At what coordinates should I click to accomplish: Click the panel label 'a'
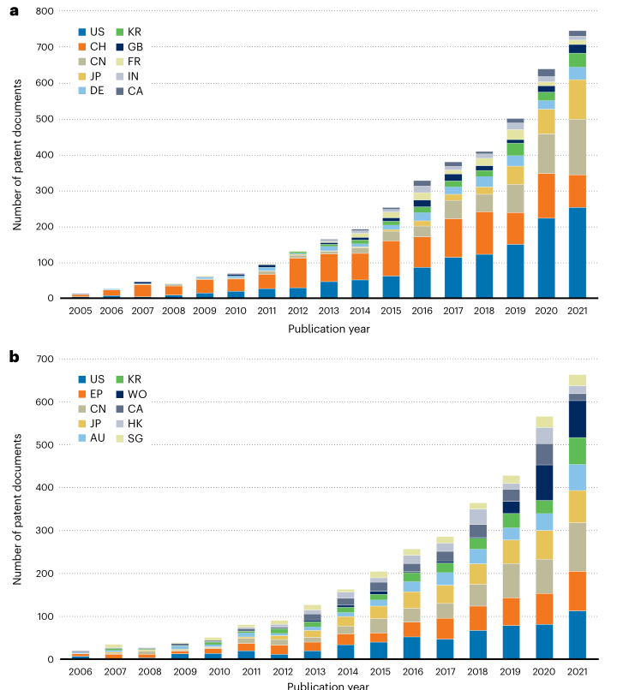[x=13, y=12]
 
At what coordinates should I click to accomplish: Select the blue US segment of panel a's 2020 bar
[x=546, y=258]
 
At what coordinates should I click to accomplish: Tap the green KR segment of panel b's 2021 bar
[x=578, y=450]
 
